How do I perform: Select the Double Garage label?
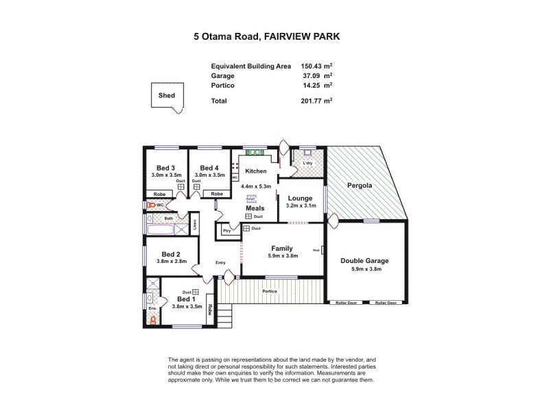(x=364, y=260)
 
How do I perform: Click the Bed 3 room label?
(x=165, y=168)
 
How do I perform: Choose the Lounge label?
(x=301, y=198)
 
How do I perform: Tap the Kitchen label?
(x=257, y=171)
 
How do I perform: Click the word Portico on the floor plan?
(x=270, y=291)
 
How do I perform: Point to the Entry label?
(x=220, y=262)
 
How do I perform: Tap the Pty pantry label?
(x=226, y=232)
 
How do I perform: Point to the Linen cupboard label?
(x=195, y=223)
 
